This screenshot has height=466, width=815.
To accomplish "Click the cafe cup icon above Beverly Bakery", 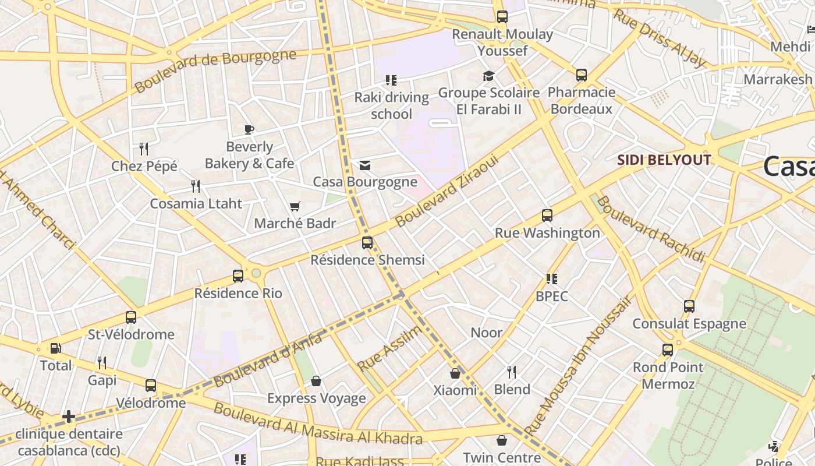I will [x=249, y=129].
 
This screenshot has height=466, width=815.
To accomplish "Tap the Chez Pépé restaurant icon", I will [x=144, y=149].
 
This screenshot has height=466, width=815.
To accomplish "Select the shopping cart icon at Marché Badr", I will [x=295, y=207].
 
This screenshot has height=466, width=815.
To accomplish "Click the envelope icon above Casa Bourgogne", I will [x=365, y=165].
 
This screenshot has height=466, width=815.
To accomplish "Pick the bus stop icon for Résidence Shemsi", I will [x=367, y=243].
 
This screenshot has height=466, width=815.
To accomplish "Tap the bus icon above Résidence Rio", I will [x=238, y=276].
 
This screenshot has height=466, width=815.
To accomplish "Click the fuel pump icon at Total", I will [x=55, y=348].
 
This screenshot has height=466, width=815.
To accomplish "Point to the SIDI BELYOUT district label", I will [x=664, y=160].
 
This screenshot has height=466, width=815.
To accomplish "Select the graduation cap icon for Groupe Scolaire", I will [x=488, y=76].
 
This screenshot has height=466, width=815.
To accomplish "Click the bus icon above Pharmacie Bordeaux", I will [x=582, y=75].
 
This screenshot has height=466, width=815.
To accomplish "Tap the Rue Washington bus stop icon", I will [x=547, y=216].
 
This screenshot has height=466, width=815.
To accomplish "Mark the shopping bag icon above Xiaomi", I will [x=455, y=373].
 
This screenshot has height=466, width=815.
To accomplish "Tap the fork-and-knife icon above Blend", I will [x=512, y=372].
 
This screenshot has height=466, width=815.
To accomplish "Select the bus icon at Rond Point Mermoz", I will [x=668, y=350].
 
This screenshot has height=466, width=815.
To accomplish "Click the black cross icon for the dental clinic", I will [x=69, y=416].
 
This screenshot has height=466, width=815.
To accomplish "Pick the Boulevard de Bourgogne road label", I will [x=215, y=71].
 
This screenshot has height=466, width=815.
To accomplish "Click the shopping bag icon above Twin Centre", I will [x=502, y=440].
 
